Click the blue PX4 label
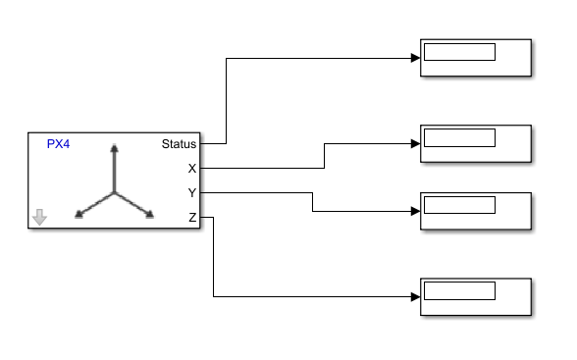pyautogui.click(x=59, y=143)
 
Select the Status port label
pyautogui.click(x=179, y=143)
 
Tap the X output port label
pyautogui.click(x=192, y=169)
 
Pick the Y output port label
pyautogui.click(x=192, y=192)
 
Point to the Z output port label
pyautogui.click(x=192, y=217)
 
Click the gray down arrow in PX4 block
pyautogui.click(x=39, y=217)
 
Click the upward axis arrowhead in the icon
pyautogui.click(x=115, y=149)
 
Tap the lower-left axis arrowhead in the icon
pyautogui.click(x=79, y=213)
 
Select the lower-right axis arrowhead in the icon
pyautogui.click(x=150, y=213)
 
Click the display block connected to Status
pyautogui.click(x=476, y=58)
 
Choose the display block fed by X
pyautogui.click(x=476, y=143)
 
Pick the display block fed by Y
pyautogui.click(x=476, y=211)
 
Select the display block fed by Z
pyautogui.click(x=476, y=296)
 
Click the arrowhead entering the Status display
pyautogui.click(x=415, y=58)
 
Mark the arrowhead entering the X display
pyautogui.click(x=415, y=143)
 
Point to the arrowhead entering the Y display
pyautogui.click(x=415, y=211)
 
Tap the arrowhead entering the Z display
pyautogui.click(x=415, y=296)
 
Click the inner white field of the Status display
pyautogui.click(x=459, y=52)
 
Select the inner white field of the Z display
pyautogui.click(x=459, y=290)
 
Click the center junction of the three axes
pyautogui.click(x=115, y=192)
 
